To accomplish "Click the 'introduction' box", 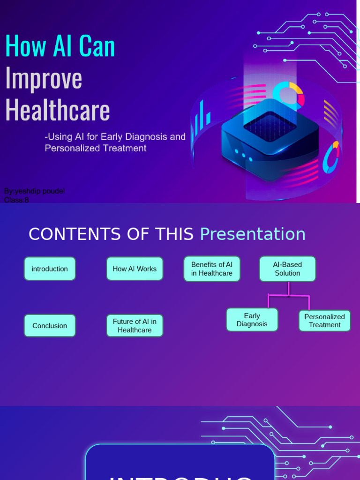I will tap(50, 269).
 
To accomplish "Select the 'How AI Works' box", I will tap(135, 269).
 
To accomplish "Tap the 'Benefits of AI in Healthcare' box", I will tap(212, 269).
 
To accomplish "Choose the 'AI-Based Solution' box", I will tap(287, 269).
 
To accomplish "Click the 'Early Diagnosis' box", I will tap(252, 320).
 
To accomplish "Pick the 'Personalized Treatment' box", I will tap(324, 321).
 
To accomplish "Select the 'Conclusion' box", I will tap(50, 325).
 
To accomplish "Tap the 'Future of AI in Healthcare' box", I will tap(135, 325).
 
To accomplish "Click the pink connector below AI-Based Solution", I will tap(289, 294).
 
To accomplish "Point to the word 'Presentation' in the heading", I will tap(253, 234).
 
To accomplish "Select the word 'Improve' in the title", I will tap(44, 78).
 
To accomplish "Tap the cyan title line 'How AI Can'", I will tap(60, 46).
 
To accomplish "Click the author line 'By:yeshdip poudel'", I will tap(34, 191).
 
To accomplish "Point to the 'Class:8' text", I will tap(16, 200).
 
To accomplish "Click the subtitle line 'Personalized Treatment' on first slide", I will tap(96, 148).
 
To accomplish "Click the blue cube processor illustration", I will tap(270, 138).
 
